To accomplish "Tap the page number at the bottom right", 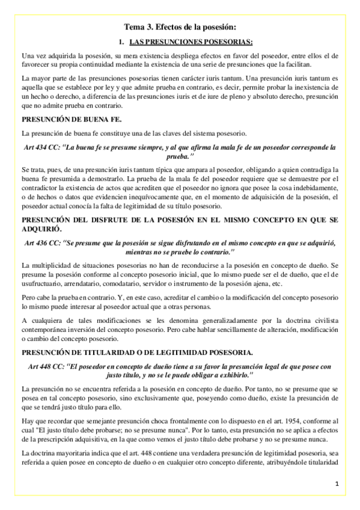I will (337, 484).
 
